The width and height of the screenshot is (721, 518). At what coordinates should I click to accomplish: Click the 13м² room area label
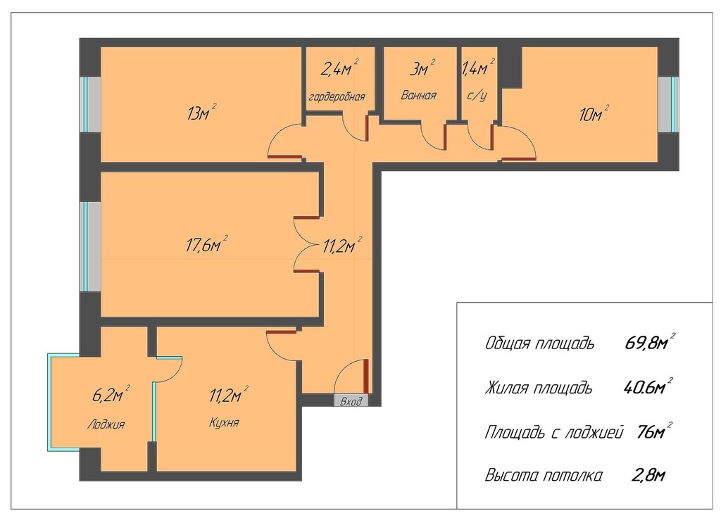[202, 112]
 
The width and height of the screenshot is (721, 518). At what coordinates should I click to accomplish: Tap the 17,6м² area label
[207, 244]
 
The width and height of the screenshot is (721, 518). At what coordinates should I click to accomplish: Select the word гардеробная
[337, 97]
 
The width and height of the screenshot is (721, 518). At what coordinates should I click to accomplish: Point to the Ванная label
[418, 96]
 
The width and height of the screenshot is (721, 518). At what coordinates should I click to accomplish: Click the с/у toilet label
[477, 96]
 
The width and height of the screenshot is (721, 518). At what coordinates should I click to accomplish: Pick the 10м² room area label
[594, 113]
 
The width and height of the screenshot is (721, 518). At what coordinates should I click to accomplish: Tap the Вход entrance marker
[351, 401]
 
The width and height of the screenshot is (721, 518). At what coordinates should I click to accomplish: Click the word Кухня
[224, 422]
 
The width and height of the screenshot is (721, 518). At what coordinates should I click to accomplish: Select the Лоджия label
[106, 424]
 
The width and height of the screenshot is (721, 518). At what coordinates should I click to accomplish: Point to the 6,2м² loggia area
[111, 394]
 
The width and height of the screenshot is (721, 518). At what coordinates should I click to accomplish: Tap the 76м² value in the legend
[654, 431]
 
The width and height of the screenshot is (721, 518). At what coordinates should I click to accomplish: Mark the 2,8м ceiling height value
[648, 475]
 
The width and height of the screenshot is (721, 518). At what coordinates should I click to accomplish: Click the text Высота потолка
[544, 475]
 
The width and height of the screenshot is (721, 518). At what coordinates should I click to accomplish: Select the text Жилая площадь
[539, 388]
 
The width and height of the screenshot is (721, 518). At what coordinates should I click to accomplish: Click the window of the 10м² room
[669, 104]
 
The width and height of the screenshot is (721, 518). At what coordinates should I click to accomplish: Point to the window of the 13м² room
[90, 104]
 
